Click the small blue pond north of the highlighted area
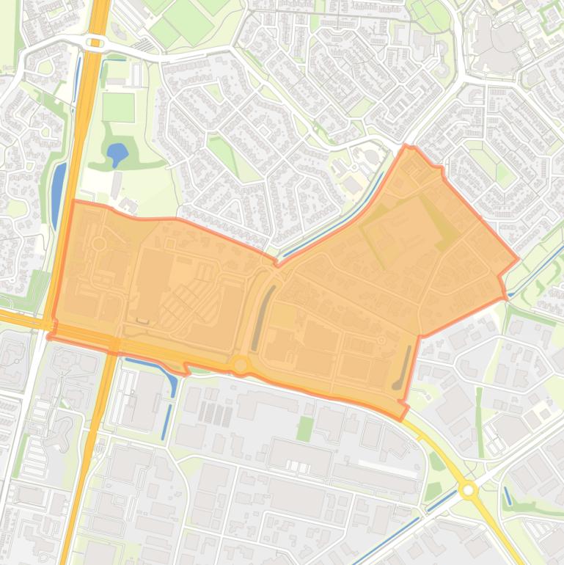point(117,154)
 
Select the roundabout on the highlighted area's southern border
point(240,365)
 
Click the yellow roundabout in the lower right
point(468,489)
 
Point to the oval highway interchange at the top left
point(95,43)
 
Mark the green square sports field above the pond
point(118,107)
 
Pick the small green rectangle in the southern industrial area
point(305,428)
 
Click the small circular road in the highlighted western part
point(99,243)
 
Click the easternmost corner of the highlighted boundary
point(519,258)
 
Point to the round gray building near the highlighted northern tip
point(373,157)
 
